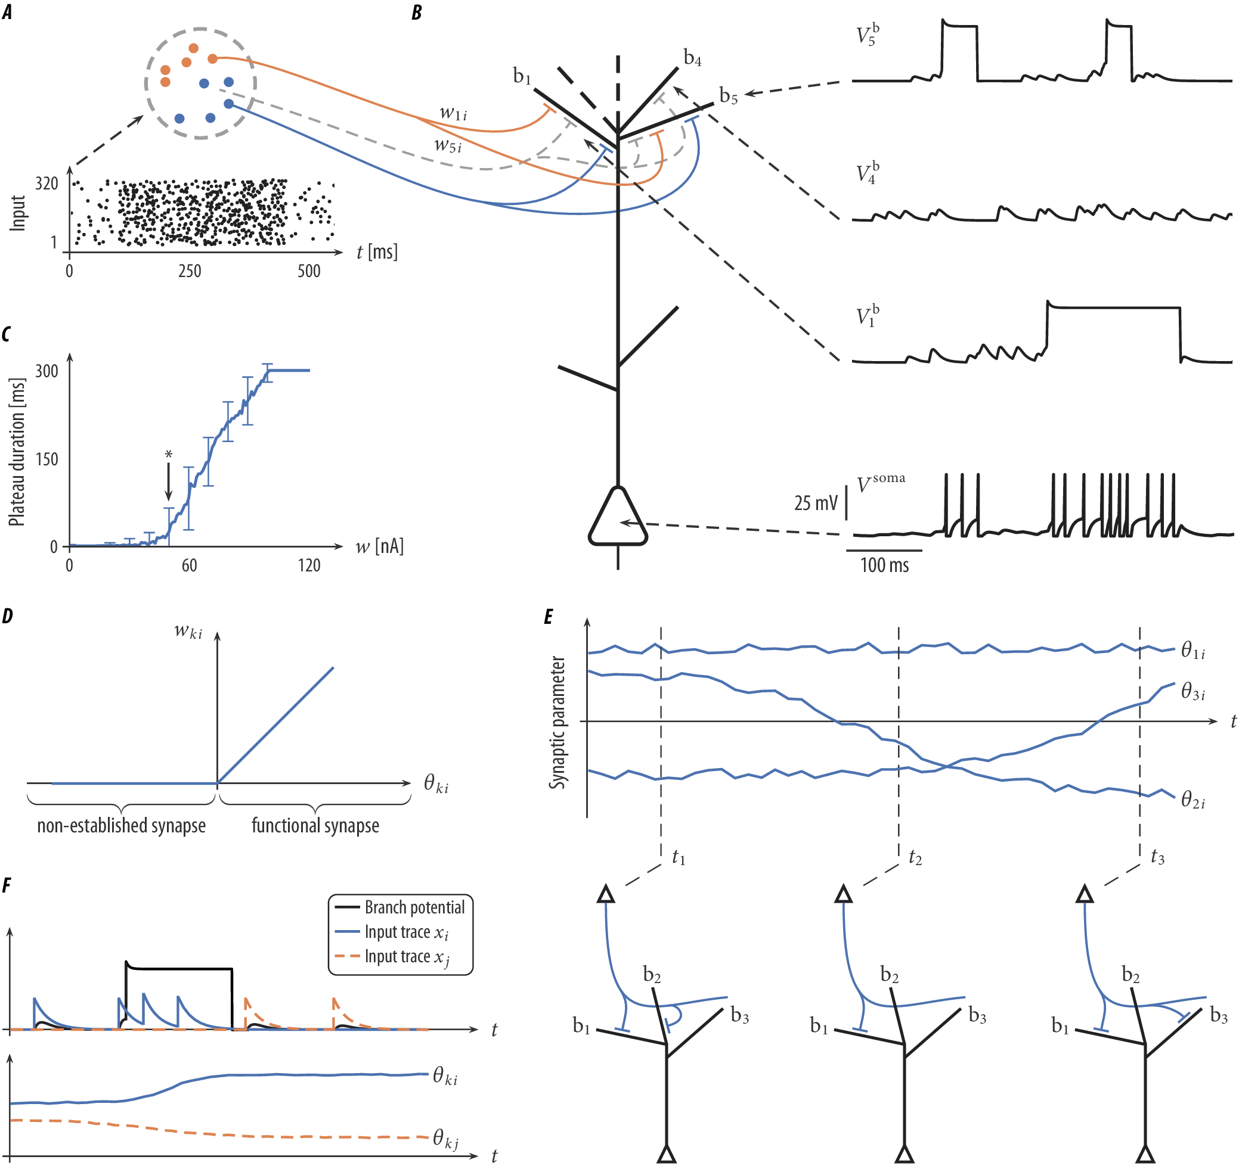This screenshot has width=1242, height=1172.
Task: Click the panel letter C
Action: [6, 335]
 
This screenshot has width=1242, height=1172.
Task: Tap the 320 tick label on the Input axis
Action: [47, 184]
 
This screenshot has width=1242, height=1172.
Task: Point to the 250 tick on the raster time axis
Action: [190, 271]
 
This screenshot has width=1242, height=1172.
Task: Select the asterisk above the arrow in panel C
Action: [168, 455]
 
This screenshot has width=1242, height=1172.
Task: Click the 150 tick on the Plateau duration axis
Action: [47, 460]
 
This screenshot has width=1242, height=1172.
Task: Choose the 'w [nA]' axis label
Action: [379, 547]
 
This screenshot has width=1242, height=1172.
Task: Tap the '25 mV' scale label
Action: [815, 503]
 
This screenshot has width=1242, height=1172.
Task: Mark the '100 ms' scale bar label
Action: [884, 565]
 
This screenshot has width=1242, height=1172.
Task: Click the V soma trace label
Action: [880, 483]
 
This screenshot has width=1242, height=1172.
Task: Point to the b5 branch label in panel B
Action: [728, 96]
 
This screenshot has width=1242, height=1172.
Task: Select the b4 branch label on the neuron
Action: [692, 58]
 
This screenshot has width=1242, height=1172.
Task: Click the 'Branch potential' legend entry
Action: [414, 907]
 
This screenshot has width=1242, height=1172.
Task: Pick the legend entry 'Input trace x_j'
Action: [406, 957]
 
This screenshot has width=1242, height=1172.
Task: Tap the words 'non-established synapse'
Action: [121, 826]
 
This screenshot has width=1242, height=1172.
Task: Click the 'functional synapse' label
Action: [315, 826]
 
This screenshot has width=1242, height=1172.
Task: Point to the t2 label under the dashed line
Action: [915, 858]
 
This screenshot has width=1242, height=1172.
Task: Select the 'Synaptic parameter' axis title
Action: [557, 722]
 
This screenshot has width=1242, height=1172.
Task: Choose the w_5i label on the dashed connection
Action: [448, 146]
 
